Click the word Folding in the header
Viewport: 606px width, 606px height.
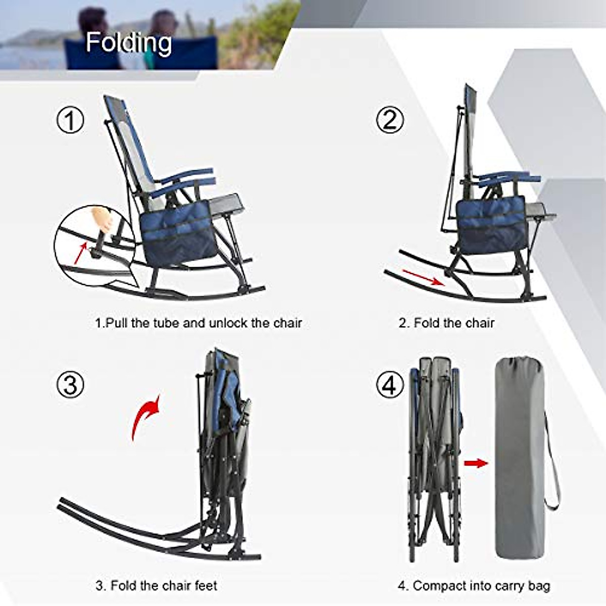click(129, 42)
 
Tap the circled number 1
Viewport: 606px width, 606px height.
click(70, 121)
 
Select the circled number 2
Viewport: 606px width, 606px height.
click(390, 120)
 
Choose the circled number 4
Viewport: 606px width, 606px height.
click(390, 385)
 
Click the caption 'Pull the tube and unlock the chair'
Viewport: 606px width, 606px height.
click(198, 323)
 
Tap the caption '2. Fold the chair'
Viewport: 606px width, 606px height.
click(446, 323)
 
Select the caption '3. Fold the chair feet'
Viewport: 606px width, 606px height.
click(156, 586)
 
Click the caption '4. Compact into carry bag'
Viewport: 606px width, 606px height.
click(474, 586)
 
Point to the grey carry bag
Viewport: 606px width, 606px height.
click(519, 454)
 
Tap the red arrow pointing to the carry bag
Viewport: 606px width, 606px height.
click(475, 463)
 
